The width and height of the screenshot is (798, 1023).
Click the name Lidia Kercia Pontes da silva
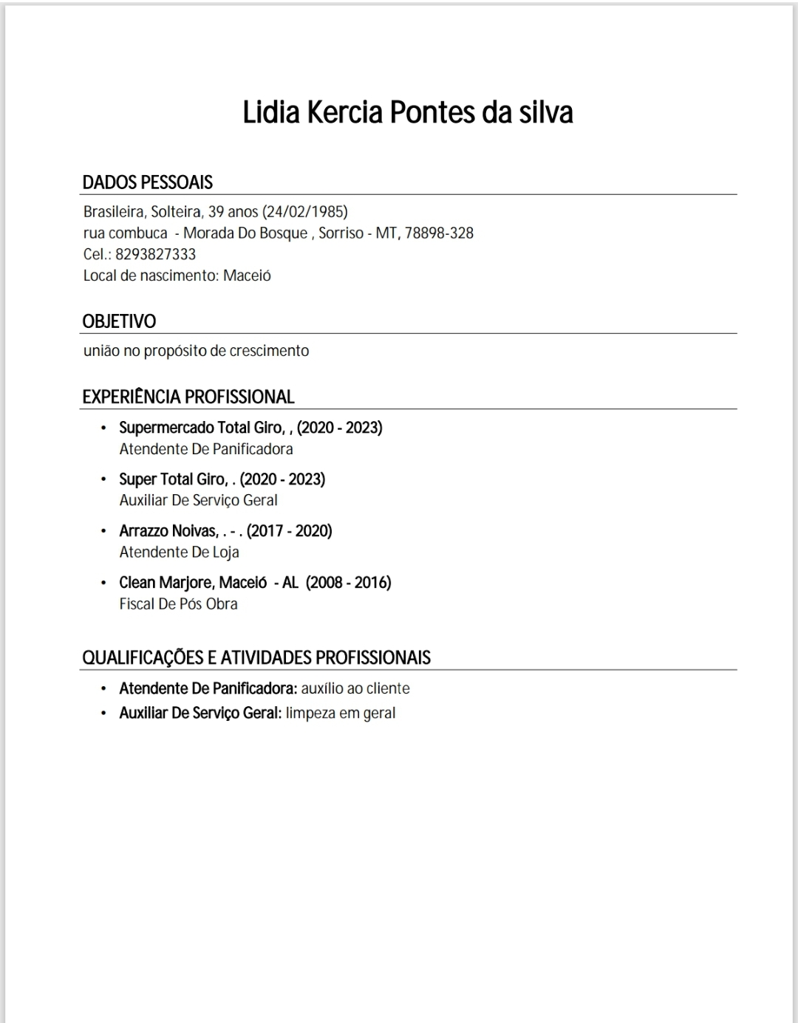coord(408,113)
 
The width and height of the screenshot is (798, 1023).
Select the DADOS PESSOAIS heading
coord(147,182)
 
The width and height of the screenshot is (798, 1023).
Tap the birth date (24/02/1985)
coord(305,212)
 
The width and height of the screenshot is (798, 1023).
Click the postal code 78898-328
coord(439,233)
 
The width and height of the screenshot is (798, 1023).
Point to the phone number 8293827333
coord(156,255)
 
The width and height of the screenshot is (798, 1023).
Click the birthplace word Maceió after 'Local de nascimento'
coord(247,276)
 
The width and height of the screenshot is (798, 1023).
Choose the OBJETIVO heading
coord(119,321)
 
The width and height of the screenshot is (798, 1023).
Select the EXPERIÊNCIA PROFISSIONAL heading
coord(188,397)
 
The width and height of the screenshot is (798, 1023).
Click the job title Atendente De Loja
coord(179,552)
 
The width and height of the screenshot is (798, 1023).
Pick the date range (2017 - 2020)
coord(290,531)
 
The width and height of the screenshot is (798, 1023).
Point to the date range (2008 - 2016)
coord(349,583)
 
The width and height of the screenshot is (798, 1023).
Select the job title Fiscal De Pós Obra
coord(178,604)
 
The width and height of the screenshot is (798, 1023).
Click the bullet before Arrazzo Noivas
coord(103,531)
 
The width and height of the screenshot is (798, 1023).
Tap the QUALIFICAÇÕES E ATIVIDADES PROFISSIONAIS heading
coord(256,657)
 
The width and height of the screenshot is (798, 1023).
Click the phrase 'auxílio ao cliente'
coord(355,688)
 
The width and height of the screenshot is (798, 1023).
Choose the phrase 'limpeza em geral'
coord(341,714)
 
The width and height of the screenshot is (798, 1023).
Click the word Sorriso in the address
coord(341,233)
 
